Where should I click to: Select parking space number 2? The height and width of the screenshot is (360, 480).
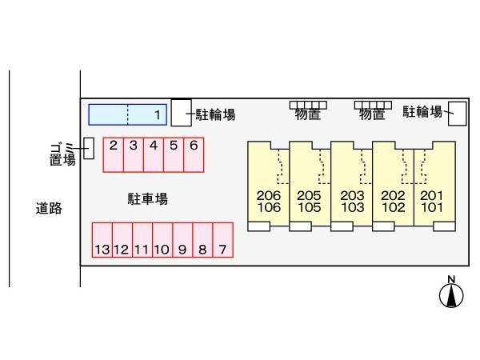pyautogui.click(x=114, y=155)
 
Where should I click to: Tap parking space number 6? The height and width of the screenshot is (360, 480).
pyautogui.click(x=194, y=155)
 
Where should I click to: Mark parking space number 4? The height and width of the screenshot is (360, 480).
pyautogui.click(x=154, y=155)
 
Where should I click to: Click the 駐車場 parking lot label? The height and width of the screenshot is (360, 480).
pyautogui.click(x=147, y=198)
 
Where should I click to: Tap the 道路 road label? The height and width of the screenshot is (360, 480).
pyautogui.click(x=49, y=209)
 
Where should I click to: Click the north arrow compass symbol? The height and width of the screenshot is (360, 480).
pyautogui.click(x=451, y=294)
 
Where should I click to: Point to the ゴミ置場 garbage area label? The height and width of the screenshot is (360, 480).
pyautogui.click(x=62, y=153)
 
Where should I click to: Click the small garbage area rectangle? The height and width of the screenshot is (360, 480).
pyautogui.click(x=89, y=147)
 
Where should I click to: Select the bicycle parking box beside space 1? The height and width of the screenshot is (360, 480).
pyautogui.click(x=182, y=112)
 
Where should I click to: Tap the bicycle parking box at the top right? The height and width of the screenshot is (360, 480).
pyautogui.click(x=457, y=113)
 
